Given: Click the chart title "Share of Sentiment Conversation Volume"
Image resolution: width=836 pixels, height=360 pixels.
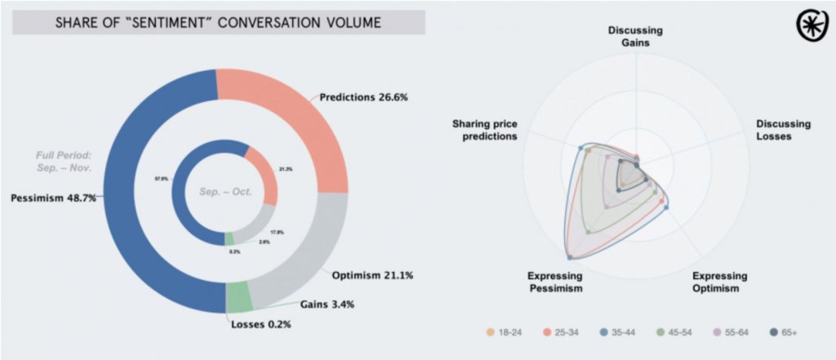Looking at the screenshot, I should tap(218, 22).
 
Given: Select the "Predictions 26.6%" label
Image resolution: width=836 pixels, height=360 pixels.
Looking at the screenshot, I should tap(363, 97).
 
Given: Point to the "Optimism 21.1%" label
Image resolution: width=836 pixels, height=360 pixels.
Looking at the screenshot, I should tap(372, 275).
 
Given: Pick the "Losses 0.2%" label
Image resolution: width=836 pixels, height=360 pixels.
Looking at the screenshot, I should tap(260, 324).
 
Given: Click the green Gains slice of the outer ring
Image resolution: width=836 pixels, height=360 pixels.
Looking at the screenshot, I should tap(238, 297).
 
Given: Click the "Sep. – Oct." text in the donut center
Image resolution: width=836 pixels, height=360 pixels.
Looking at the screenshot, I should tap(225, 193).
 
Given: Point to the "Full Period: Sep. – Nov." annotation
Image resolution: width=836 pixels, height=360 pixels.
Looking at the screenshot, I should tap(64, 161).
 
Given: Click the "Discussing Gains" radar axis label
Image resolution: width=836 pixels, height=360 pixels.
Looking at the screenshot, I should tap(635, 37).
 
